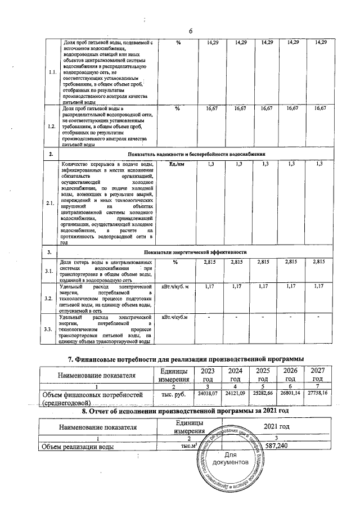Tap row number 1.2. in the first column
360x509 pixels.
[52, 127]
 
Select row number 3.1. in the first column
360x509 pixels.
[52, 271]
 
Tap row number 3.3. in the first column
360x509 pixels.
[52, 328]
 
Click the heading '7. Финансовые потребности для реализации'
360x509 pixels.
[186, 359]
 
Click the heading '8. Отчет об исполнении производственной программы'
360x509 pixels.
[186, 411]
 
